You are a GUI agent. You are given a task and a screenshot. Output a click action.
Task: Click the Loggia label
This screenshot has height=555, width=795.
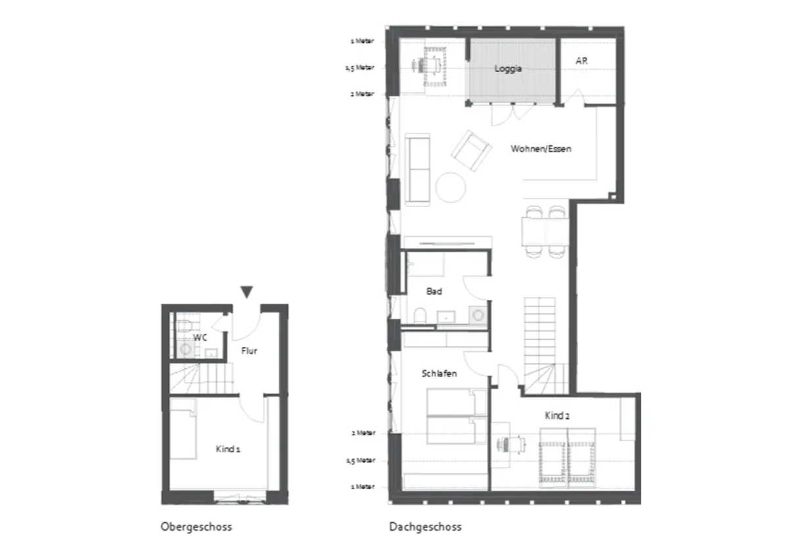pyautogui.click(x=508, y=68)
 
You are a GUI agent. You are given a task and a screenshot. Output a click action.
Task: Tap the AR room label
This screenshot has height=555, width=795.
pyautogui.click(x=581, y=60)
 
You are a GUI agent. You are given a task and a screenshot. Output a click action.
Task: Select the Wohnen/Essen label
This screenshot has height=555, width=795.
pyautogui.click(x=541, y=149)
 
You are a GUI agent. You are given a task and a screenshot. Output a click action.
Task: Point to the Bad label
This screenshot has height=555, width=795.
pyautogui.click(x=434, y=291)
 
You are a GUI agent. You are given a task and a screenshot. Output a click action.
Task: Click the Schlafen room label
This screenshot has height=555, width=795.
pyautogui.click(x=439, y=374)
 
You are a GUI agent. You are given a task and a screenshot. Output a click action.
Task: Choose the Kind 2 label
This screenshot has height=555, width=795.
pyautogui.click(x=557, y=416)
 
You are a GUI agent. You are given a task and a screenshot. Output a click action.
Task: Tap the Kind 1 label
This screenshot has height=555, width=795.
pyautogui.click(x=228, y=448)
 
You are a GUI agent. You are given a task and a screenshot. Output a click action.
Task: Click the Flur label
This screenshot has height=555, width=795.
pyautogui.click(x=249, y=350)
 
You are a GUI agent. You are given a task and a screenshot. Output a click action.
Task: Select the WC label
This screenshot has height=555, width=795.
pyautogui.click(x=200, y=337)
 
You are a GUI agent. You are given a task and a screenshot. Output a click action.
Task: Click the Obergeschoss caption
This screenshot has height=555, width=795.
pyautogui.click(x=196, y=527)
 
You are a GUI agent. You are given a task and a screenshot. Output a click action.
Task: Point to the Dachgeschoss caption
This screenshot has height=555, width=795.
pyautogui.click(x=425, y=527)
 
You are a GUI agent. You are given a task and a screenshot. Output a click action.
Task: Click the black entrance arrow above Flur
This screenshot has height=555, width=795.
pyautogui.click(x=246, y=292)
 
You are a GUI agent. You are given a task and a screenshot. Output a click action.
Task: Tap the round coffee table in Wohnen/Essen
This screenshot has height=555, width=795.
pyautogui.click(x=451, y=187)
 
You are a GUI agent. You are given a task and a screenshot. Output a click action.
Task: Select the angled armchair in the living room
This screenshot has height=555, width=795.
pyautogui.click(x=471, y=151)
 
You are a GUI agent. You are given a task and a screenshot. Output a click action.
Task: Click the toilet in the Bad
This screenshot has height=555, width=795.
pyautogui.click(x=420, y=316)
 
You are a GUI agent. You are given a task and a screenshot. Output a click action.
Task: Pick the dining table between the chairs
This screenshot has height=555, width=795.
pyautogui.click(x=545, y=232)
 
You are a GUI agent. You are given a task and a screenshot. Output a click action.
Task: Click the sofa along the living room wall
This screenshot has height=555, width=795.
pyautogui.click(x=417, y=170)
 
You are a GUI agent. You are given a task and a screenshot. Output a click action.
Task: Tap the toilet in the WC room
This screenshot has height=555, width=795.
pyautogui.click(x=185, y=325)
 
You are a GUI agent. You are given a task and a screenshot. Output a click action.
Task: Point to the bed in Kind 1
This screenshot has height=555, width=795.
pyautogui.click(x=183, y=429)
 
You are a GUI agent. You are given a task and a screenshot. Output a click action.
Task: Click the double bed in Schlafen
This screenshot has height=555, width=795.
pyautogui.click(x=457, y=416)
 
